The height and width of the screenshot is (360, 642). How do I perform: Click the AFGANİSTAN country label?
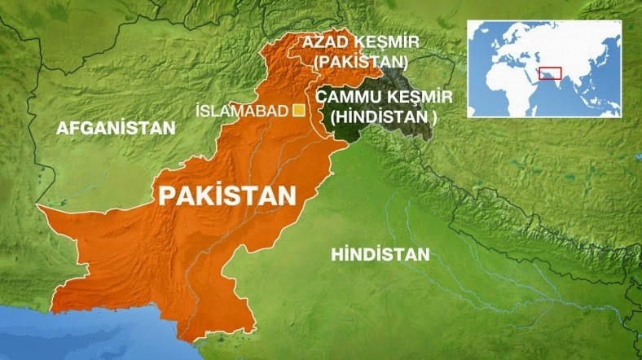[115, 128]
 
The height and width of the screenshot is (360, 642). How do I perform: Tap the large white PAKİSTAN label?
[226, 195]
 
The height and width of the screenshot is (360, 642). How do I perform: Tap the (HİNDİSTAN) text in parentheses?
[384, 116]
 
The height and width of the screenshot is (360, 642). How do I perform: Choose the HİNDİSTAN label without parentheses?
[380, 255]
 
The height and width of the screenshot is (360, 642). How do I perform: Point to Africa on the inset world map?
[507, 82]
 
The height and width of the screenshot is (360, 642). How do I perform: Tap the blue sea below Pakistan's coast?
[122, 338]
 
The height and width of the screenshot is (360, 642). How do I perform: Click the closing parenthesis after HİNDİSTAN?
[435, 116]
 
